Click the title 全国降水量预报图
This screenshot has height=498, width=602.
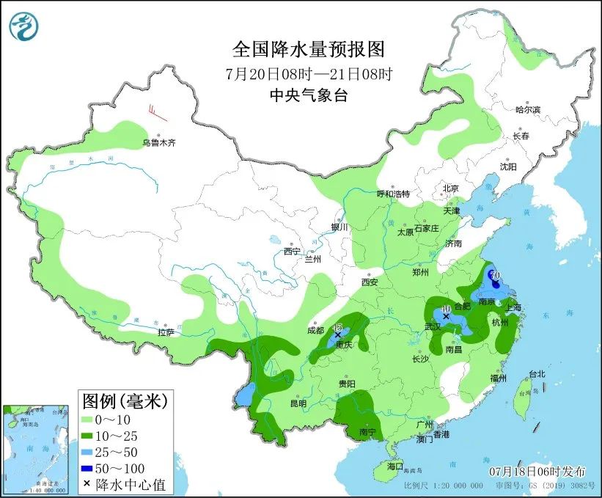(x=308, y=50)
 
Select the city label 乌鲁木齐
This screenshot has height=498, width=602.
(x=159, y=142)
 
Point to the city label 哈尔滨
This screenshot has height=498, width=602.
(x=527, y=110)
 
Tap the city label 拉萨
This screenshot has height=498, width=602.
(x=166, y=332)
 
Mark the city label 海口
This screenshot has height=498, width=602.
(x=395, y=466)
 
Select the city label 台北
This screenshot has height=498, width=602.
(x=537, y=374)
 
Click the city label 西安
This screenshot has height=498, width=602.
(x=369, y=282)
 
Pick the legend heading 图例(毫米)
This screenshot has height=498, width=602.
(x=125, y=401)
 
